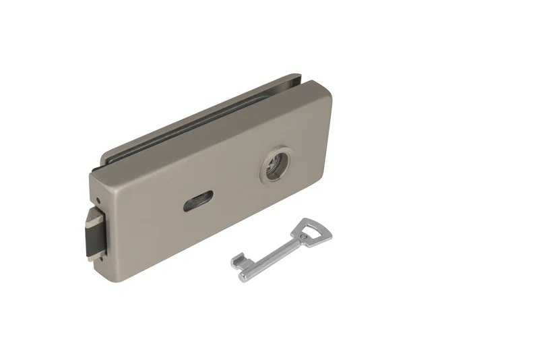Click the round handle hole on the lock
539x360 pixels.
click(276, 167)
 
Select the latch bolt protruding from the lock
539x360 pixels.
click(95, 233)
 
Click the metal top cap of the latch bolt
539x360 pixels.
click(90, 216)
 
